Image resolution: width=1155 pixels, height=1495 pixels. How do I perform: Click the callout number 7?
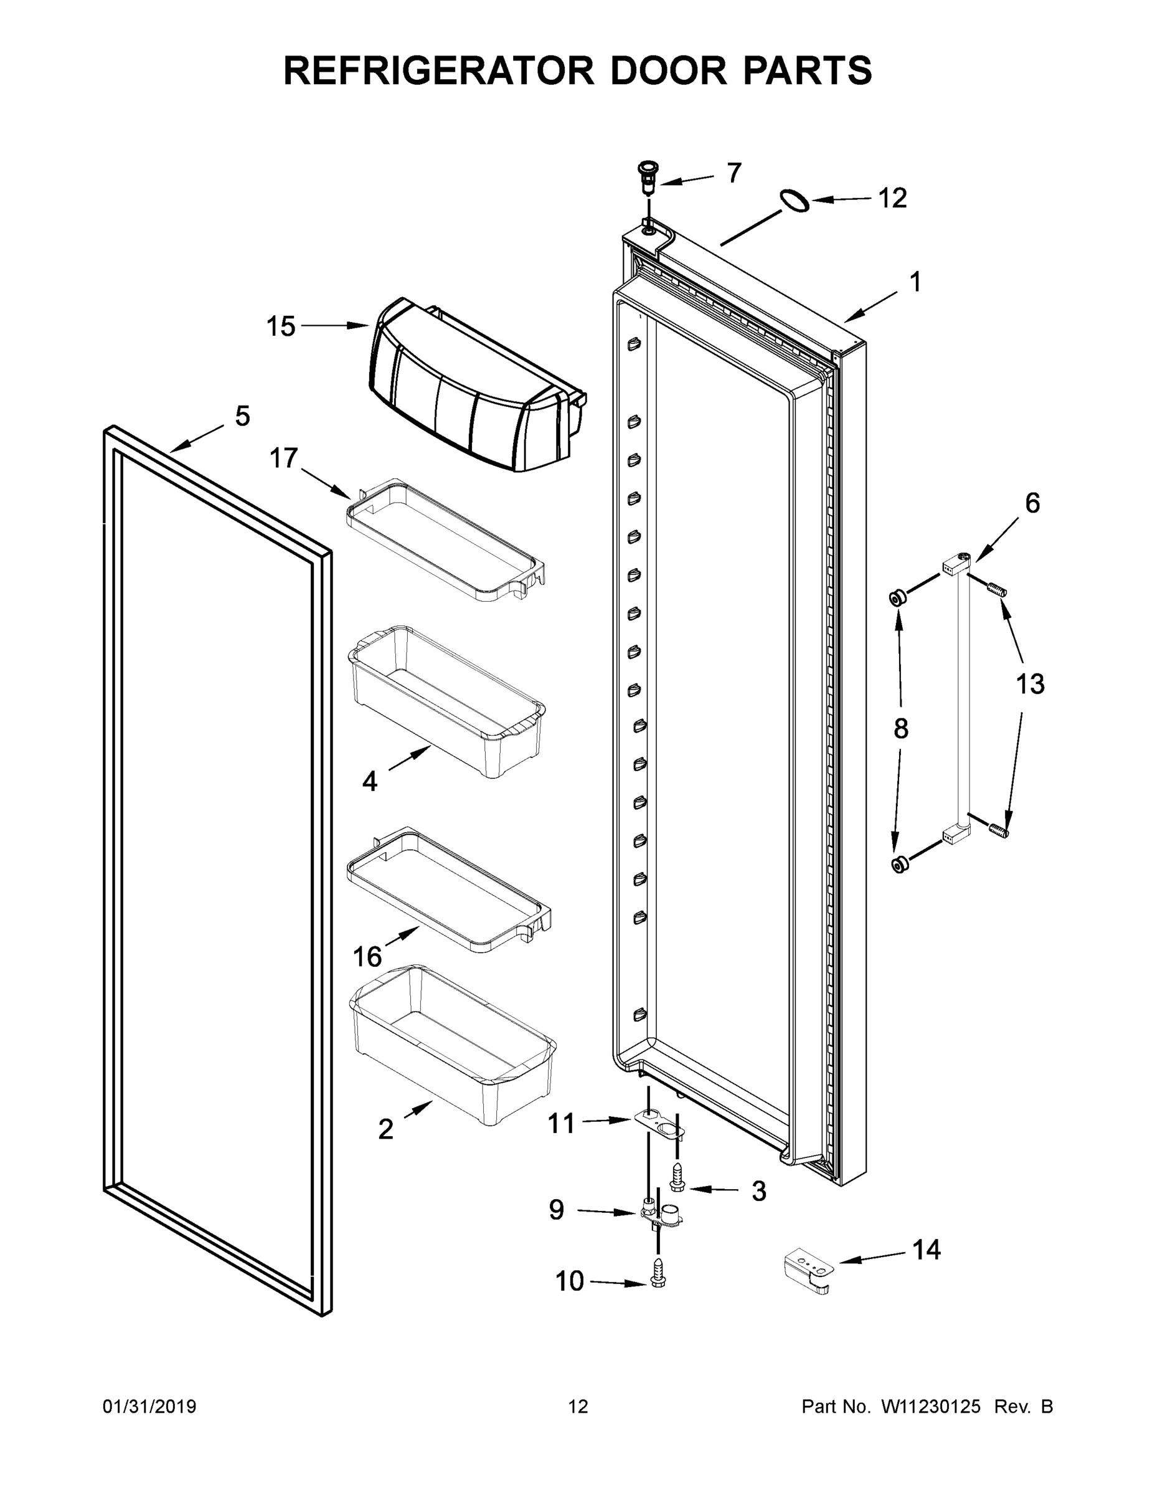[x=733, y=173]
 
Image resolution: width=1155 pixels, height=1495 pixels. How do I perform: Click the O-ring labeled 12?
[x=794, y=201]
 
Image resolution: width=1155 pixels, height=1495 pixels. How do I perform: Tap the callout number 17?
[x=283, y=458]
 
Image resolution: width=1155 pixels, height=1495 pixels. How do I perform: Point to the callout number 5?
[x=242, y=416]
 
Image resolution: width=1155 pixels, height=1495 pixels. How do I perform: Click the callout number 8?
[x=900, y=729]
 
